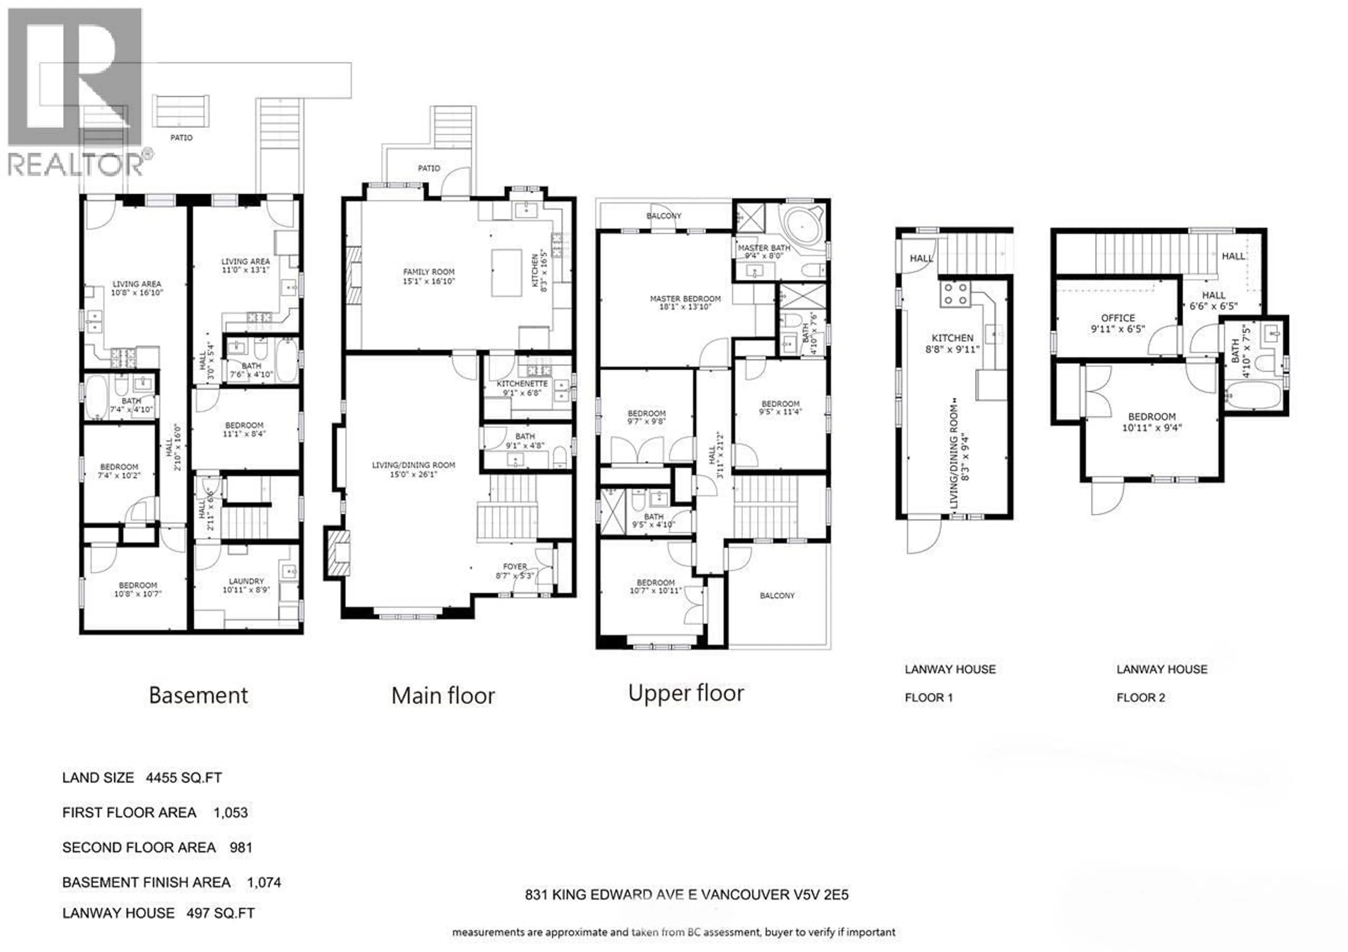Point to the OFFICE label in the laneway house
[x=1118, y=318]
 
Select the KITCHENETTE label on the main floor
[x=522, y=383]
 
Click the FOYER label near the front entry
[x=515, y=566]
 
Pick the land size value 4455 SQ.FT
[x=184, y=778]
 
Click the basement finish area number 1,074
[x=264, y=882]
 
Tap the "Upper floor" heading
[x=686, y=693]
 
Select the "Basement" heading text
[x=198, y=695]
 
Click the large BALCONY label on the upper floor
[x=777, y=595]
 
